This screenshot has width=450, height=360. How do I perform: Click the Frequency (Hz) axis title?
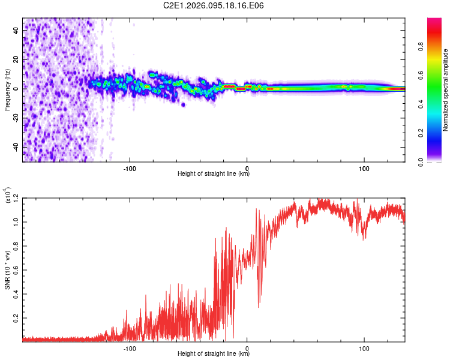7,89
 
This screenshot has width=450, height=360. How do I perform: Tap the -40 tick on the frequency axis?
16,147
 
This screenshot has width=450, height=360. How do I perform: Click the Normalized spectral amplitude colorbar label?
446,90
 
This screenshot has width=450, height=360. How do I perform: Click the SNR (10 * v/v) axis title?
7,269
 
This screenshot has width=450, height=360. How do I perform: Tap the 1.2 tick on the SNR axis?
16,197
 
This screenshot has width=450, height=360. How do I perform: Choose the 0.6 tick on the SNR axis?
16,269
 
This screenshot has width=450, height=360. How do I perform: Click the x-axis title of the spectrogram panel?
214,174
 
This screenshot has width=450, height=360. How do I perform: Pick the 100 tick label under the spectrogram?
364,168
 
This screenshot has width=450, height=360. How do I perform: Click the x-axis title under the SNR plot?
214,354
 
